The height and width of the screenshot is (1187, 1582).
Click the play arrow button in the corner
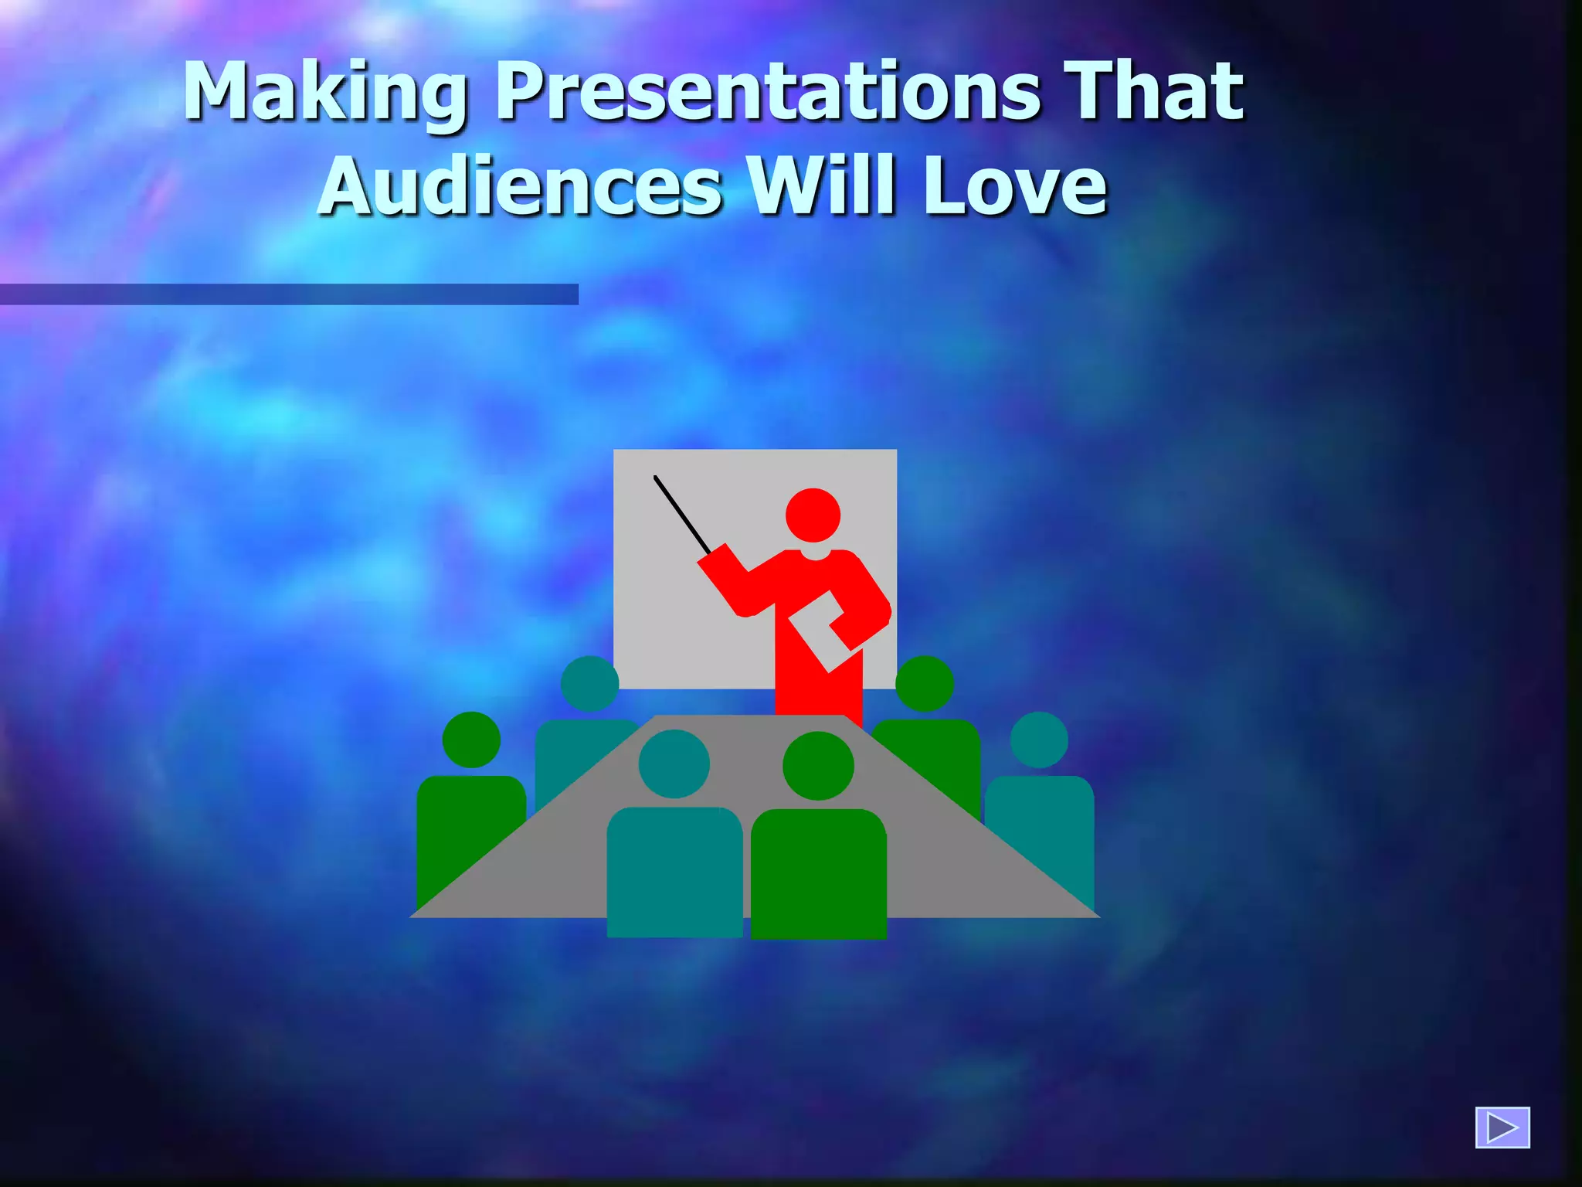pos(1502,1127)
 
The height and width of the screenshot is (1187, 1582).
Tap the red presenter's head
pos(813,515)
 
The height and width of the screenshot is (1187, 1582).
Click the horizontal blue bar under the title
pos(289,294)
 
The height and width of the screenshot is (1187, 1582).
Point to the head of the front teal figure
pos(674,764)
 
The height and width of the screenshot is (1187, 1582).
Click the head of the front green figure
pos(818,765)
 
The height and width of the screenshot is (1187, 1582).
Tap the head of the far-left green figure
pos(471,740)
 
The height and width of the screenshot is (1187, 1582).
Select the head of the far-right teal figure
pos(1039,740)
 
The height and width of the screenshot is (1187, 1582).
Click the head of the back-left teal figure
pos(589,683)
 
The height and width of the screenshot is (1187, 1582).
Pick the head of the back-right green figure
pos(925,683)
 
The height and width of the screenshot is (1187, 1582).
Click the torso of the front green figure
pos(818,873)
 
